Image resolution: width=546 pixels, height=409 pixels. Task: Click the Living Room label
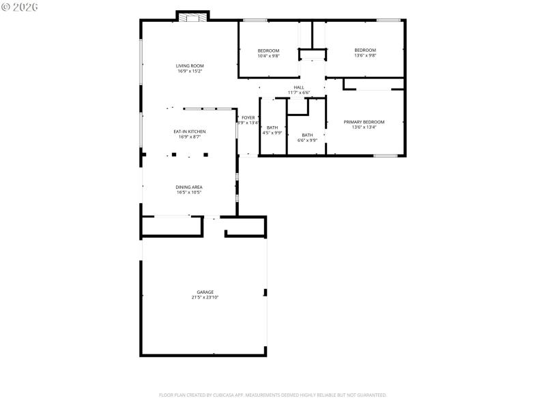[x=190, y=65]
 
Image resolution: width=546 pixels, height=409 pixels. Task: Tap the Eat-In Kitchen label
[x=190, y=132]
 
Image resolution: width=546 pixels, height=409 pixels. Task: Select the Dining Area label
[x=189, y=187]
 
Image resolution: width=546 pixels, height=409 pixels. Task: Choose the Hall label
[x=299, y=87]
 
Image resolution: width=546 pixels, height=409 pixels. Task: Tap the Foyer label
[x=248, y=118]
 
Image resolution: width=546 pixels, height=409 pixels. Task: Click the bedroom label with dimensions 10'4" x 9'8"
[x=268, y=51]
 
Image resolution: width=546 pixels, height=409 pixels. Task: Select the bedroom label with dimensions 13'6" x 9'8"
[x=365, y=50]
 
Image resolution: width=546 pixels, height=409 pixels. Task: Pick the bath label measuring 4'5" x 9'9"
[x=272, y=127]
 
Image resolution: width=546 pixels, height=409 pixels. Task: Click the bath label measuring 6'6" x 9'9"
[x=307, y=135]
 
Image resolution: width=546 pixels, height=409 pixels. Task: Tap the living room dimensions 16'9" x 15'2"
[x=190, y=71]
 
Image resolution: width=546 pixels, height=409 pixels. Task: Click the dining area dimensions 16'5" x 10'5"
[x=189, y=192]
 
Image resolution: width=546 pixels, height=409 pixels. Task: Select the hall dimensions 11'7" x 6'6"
[x=299, y=93]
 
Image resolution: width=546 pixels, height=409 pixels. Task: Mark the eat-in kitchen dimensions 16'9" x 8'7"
[x=190, y=137]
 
